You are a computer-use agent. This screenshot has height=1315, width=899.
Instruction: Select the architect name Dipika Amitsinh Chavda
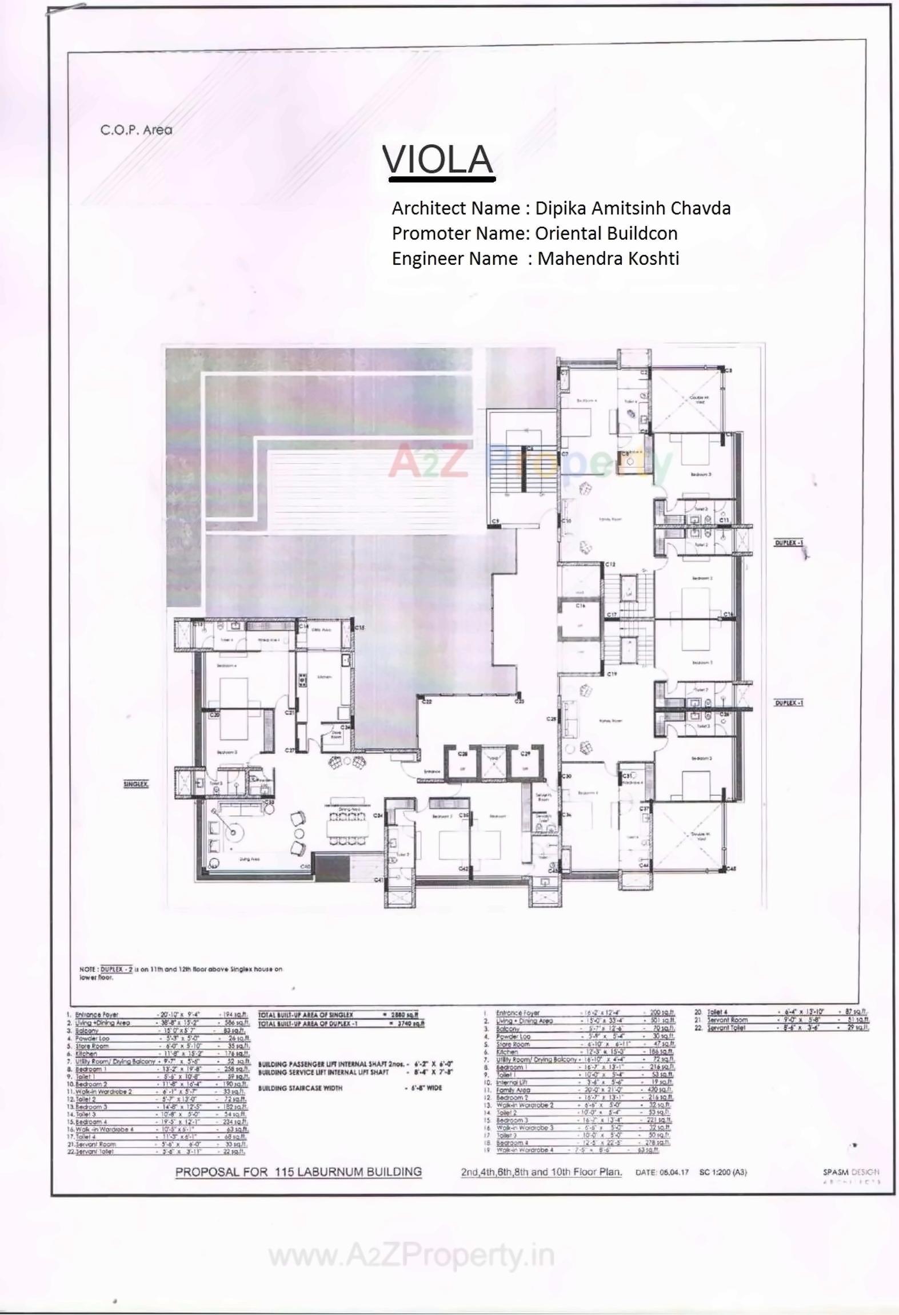pos(632,208)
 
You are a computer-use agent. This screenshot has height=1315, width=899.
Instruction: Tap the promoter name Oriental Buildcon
pos(606,233)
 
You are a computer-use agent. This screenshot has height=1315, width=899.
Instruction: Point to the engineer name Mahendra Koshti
pos(608,259)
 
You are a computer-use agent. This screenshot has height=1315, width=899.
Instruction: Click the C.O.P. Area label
pos(136,130)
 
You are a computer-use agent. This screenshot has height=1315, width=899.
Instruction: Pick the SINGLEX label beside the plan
pos(136,784)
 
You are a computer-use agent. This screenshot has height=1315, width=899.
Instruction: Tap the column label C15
pos(359,627)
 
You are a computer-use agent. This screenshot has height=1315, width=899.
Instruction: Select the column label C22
pos(426,701)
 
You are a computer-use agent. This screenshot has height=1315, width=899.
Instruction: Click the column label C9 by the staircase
pos(495,521)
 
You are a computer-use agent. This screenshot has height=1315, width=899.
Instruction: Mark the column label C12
pos(610,565)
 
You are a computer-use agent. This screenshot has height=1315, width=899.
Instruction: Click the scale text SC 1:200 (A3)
pos(722,1172)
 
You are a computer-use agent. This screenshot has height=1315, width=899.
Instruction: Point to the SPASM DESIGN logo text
pos(850,1172)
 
